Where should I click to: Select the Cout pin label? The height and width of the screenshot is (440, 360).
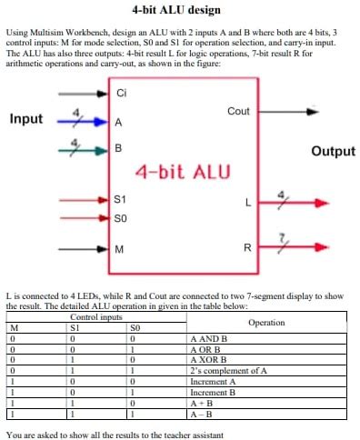click(238, 111)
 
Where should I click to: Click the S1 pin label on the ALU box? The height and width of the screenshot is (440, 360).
click(121, 198)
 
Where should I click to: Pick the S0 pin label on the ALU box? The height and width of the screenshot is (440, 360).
click(121, 217)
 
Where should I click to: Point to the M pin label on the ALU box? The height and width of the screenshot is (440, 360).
click(119, 249)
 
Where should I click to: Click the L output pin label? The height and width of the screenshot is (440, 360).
click(246, 203)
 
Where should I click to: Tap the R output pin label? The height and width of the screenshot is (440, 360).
click(246, 247)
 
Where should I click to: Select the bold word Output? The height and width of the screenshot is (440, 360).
click(333, 151)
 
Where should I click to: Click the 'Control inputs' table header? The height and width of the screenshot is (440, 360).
click(96, 317)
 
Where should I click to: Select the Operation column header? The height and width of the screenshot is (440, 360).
click(265, 323)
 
